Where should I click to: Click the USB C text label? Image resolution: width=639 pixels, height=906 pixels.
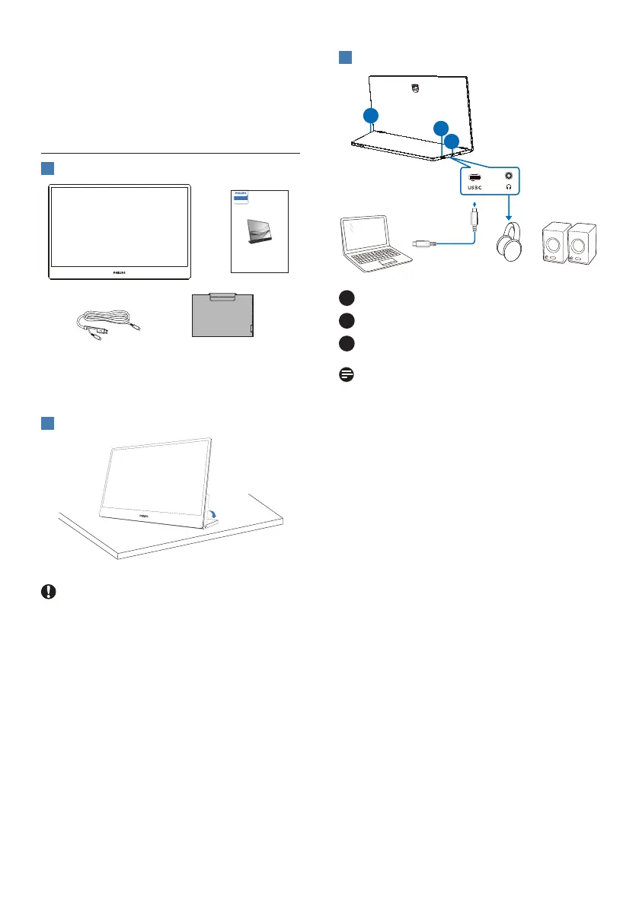pyautogui.click(x=475, y=187)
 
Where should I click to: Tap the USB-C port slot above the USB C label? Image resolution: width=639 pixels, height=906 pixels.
pyautogui.click(x=475, y=176)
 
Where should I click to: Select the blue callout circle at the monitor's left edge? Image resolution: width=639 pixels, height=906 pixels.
pyautogui.click(x=370, y=116)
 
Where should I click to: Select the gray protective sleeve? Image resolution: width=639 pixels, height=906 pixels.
pyautogui.click(x=221, y=315)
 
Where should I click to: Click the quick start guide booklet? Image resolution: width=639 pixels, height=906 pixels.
pyautogui.click(x=260, y=231)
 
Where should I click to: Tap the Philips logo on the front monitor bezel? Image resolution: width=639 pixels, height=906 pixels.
pyautogui.click(x=120, y=271)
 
